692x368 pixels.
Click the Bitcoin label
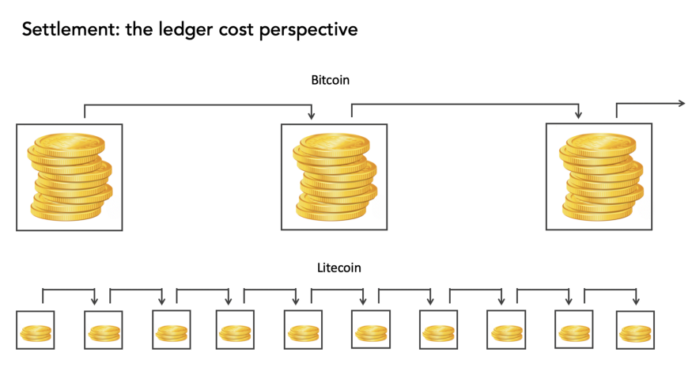point(330,80)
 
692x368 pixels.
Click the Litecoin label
point(339,267)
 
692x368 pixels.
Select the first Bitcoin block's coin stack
point(70,176)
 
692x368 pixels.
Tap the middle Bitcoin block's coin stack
point(335,176)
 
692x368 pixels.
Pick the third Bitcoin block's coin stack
point(601,176)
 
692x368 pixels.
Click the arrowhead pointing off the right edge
point(681,104)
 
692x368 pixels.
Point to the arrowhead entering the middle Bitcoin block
point(312,116)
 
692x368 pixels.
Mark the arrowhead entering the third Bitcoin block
point(579,115)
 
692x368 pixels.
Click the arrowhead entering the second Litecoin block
point(94,301)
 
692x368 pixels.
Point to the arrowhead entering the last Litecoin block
point(636,301)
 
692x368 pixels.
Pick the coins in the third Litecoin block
point(172,333)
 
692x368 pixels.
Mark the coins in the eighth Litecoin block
point(506,333)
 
